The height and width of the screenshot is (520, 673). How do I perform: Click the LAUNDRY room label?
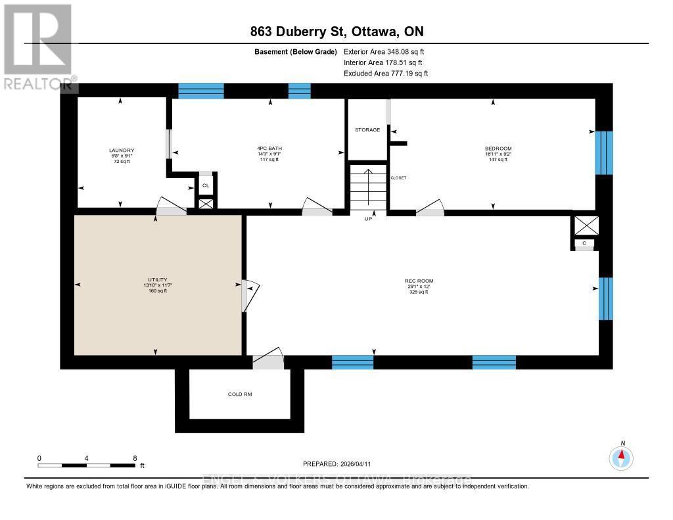(x=121, y=151)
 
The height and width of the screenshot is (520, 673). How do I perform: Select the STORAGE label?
(x=367, y=130)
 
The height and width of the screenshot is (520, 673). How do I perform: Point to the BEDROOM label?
(x=498, y=149)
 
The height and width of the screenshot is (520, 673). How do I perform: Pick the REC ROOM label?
(x=419, y=281)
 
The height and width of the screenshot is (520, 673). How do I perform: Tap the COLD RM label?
(x=240, y=394)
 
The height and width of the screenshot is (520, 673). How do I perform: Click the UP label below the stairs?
(x=369, y=218)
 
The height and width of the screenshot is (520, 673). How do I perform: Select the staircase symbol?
(x=368, y=187)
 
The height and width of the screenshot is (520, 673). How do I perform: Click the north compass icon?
(x=621, y=457)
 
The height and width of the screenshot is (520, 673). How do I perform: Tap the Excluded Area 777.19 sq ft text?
(x=386, y=74)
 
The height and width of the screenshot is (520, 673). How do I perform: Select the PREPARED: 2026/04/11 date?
(x=341, y=463)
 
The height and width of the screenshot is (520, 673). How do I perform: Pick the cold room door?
(x=268, y=360)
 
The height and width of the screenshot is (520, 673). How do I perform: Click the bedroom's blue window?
(x=603, y=153)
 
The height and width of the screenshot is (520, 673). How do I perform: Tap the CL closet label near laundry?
(x=206, y=185)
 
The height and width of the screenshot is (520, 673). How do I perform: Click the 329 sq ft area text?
(x=419, y=292)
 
